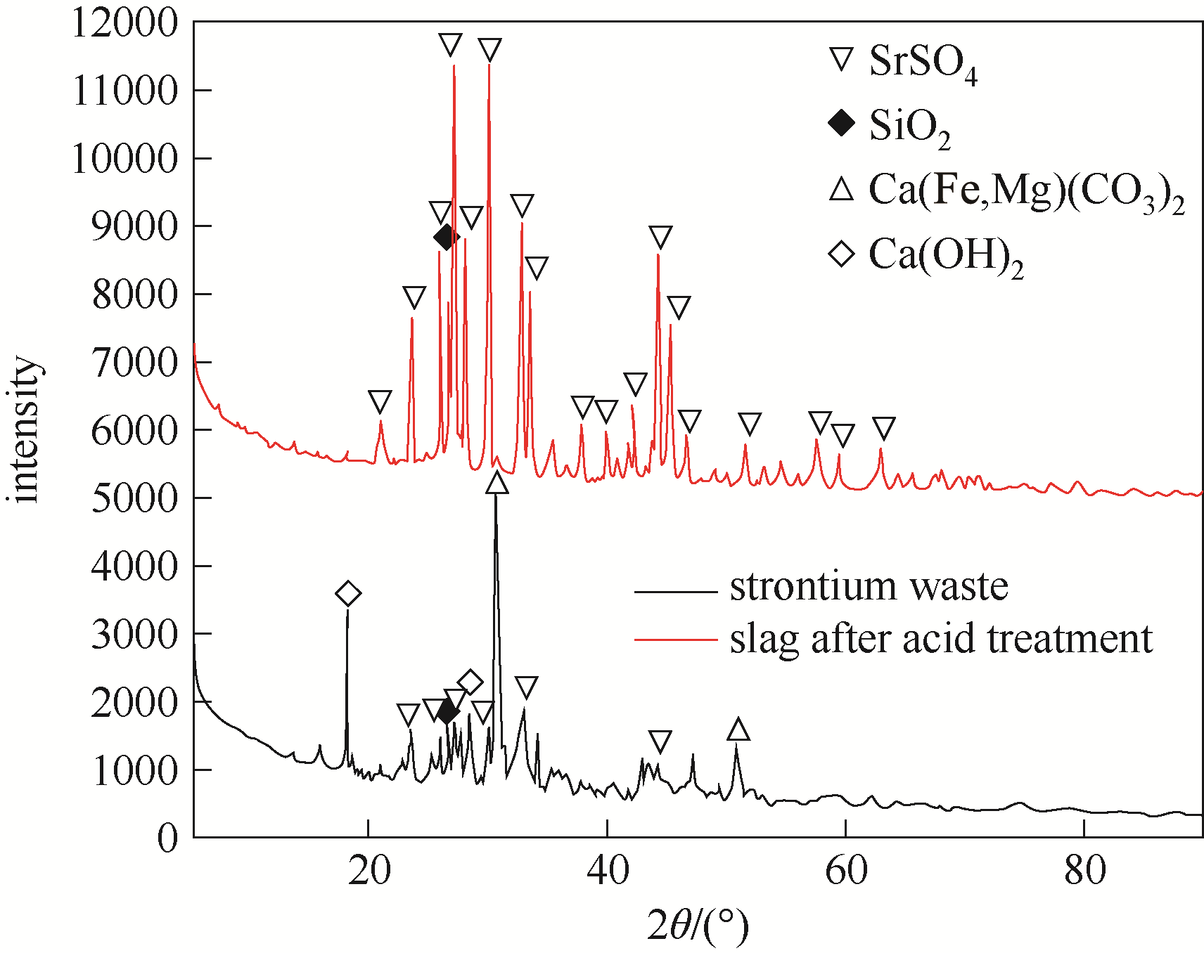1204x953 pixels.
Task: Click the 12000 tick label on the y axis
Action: pos(125,22)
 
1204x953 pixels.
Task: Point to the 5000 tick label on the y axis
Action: pos(134,498)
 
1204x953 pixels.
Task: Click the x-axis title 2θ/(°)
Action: pos(698,926)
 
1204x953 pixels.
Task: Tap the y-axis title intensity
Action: pos(25,430)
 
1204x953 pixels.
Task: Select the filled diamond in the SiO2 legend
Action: pos(841,124)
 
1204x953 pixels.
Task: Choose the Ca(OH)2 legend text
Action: pos(946,256)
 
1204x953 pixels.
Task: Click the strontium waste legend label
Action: pos(869,586)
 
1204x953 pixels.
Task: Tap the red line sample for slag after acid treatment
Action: pos(675,640)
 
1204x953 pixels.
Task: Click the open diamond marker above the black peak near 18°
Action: pos(348,594)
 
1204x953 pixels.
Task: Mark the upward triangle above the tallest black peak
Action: pos(497,484)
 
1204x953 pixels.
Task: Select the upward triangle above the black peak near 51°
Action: pos(738,730)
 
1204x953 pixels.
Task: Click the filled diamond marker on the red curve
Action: pos(445,238)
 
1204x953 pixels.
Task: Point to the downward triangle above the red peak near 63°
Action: pos(884,427)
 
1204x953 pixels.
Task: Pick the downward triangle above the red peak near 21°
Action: pos(380,402)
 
